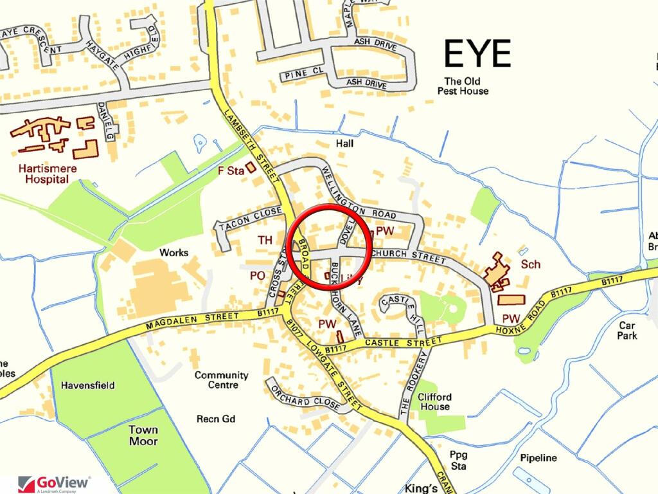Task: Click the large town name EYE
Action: point(477,53)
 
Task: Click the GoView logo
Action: point(54,483)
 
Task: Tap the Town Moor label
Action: point(143,435)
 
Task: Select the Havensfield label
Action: point(88,385)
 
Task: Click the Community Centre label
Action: point(221,380)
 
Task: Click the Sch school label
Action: point(531,264)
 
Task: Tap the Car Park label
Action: point(627,331)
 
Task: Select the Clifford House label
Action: point(435,402)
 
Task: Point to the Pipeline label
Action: point(538,458)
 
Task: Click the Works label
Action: point(174,253)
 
